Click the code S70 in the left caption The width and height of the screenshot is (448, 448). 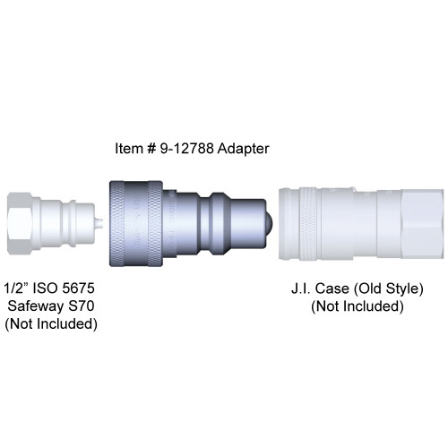click(83, 307)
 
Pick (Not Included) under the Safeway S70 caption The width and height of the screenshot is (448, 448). click(50, 324)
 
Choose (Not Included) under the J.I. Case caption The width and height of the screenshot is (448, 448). click(357, 307)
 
